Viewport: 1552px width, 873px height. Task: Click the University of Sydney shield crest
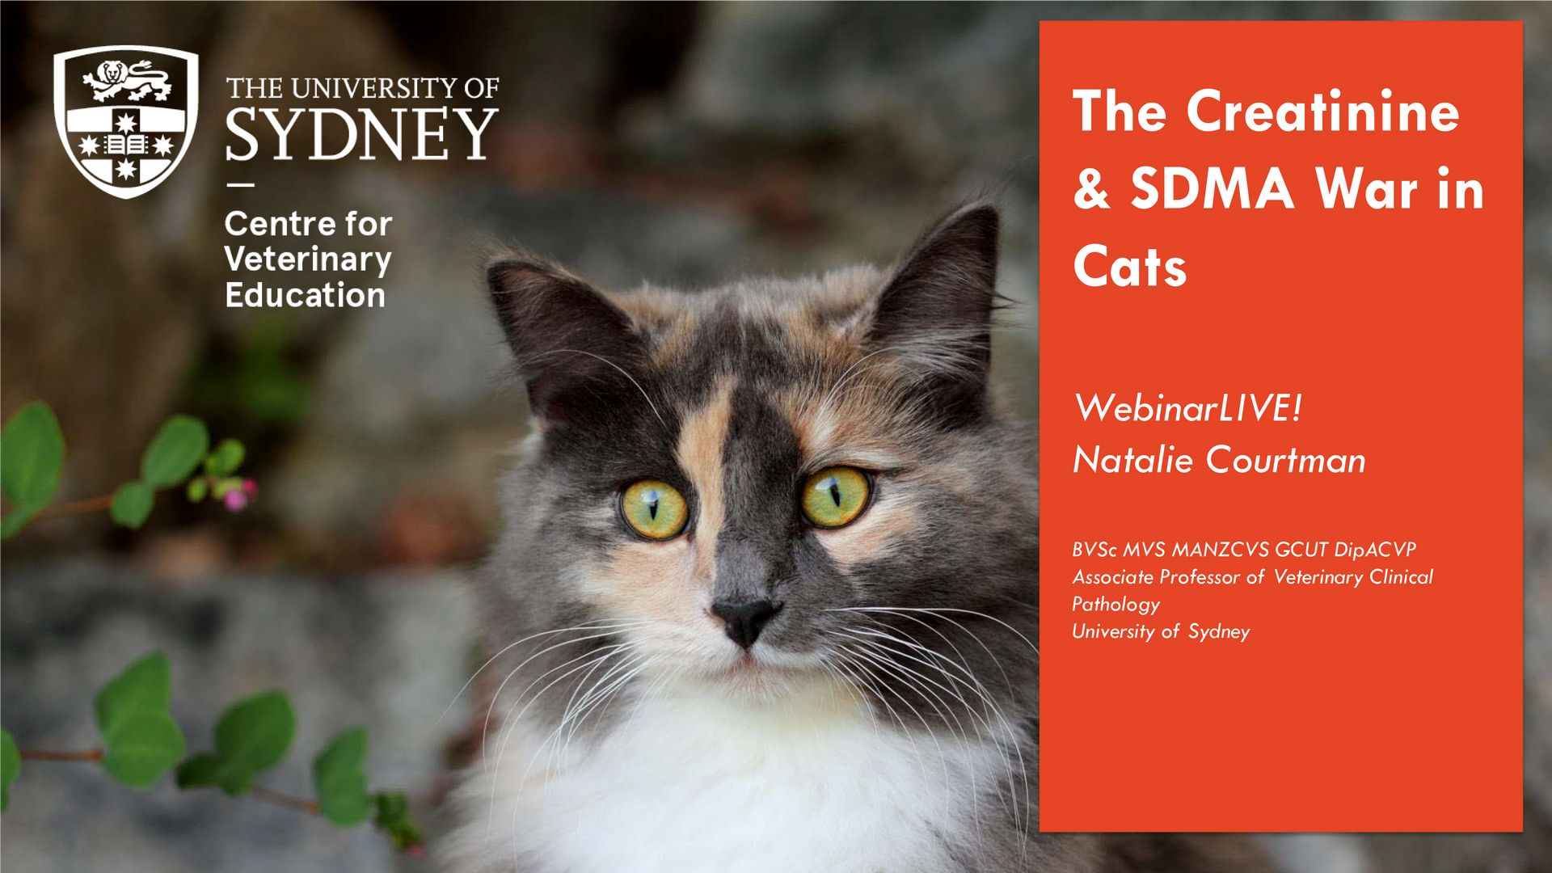(125, 121)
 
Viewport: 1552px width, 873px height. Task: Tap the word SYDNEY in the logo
(361, 135)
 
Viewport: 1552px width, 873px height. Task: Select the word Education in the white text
(305, 295)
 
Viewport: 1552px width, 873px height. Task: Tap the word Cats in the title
(1129, 267)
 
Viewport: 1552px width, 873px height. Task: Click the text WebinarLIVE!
(1187, 407)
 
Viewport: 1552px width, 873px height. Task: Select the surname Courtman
(1286, 460)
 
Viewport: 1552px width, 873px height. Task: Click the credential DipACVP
(1375, 550)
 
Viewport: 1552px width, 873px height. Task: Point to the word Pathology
(1115, 605)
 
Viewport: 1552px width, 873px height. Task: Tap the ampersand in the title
(1091, 190)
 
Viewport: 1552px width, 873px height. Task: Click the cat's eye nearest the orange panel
(836, 496)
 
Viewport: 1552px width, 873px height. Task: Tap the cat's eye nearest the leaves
(654, 509)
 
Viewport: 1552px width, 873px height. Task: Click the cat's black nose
(744, 619)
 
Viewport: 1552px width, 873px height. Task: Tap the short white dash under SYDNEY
(240, 185)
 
